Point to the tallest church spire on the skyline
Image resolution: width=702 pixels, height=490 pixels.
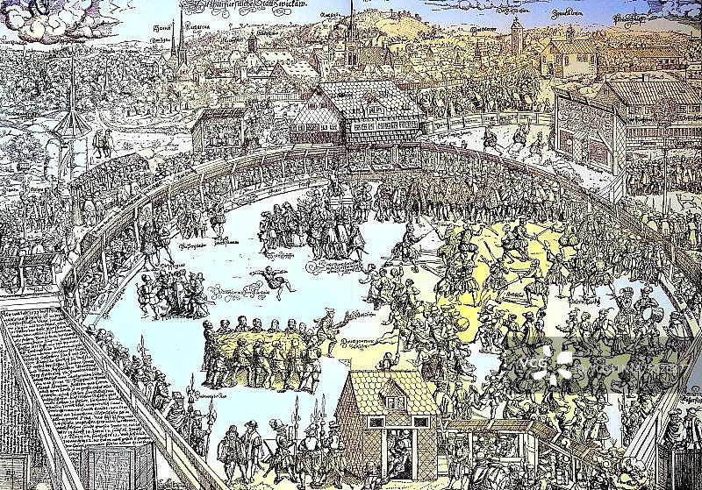coord(351,35)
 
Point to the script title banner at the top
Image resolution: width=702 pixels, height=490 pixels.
coord(254,7)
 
